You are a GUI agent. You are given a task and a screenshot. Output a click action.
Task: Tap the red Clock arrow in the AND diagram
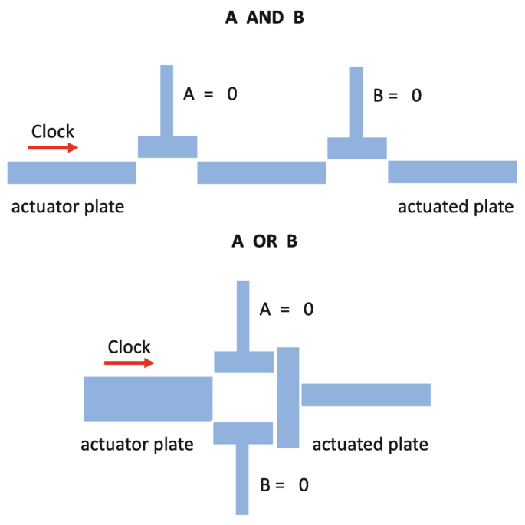coord(53,148)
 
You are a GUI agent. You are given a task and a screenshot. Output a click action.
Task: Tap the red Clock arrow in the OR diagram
coord(129,363)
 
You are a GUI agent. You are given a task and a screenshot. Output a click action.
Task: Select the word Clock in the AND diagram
coord(53,131)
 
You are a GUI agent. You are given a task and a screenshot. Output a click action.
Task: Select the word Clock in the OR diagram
coord(130,346)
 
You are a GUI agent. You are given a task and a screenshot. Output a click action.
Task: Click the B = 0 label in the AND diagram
coord(397,96)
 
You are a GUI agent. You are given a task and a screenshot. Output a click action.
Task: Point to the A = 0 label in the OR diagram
coord(287,309)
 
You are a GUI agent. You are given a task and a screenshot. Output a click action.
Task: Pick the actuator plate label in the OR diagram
coord(136,443)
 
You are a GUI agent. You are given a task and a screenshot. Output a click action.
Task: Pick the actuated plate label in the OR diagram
coord(370,444)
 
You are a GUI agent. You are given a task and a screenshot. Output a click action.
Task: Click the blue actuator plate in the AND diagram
coord(71,172)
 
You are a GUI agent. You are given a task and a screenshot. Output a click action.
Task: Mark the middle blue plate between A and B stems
coord(261,172)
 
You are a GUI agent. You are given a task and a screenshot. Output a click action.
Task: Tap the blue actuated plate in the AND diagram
coord(452,172)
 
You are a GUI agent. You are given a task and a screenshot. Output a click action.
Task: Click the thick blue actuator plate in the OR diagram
coord(148,398)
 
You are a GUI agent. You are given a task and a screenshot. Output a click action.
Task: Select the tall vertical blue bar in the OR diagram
coord(287,397)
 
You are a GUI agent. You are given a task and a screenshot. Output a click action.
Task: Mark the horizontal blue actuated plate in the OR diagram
coord(366,395)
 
